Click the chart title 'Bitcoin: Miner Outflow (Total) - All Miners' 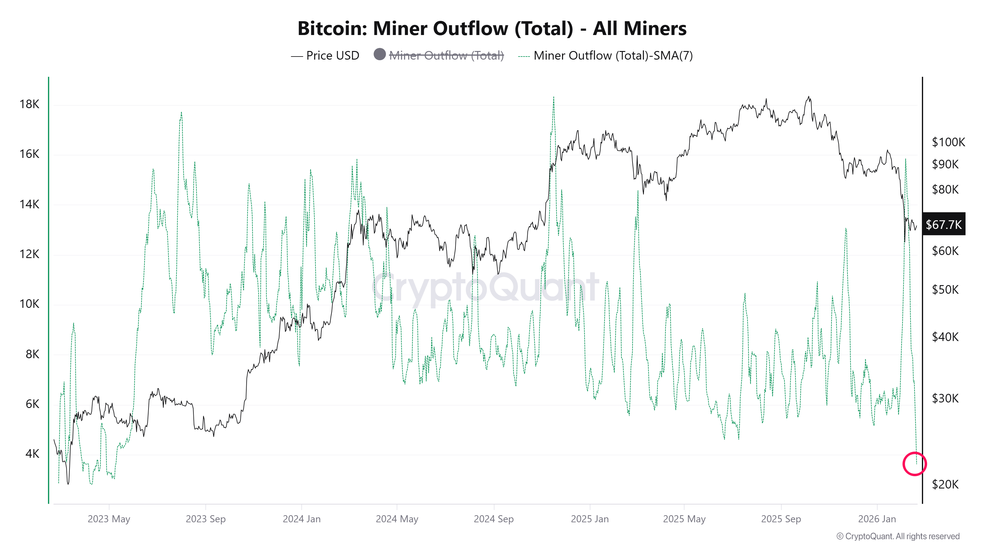[x=492, y=29]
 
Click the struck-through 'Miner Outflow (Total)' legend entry [x=446, y=56]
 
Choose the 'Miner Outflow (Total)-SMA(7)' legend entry [x=613, y=56]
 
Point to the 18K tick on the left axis [x=30, y=104]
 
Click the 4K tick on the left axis [x=32, y=454]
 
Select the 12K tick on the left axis [x=30, y=254]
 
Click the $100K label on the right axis [x=948, y=142]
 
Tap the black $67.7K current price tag [x=943, y=224]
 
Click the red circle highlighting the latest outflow [x=915, y=464]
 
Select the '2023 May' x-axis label [x=109, y=519]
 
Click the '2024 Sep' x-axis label [x=494, y=519]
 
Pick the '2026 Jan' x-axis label [x=877, y=519]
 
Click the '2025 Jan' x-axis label [x=589, y=519]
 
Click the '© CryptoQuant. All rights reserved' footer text [x=898, y=536]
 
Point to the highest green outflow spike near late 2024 [x=553, y=98]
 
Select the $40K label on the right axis [x=945, y=337]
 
